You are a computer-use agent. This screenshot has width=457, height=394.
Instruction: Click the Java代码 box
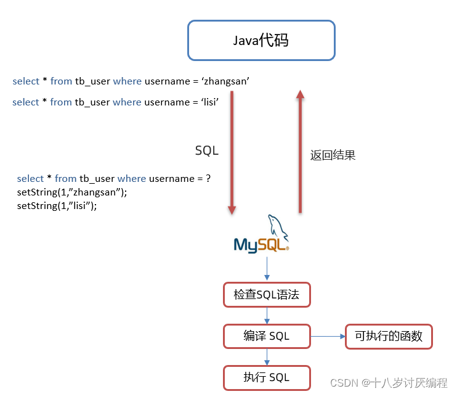[x=261, y=41]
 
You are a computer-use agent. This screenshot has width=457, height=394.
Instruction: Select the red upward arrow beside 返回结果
[x=301, y=152]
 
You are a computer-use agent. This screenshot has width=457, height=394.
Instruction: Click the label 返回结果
[x=333, y=155]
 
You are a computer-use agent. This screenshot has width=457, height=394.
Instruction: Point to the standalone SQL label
[x=206, y=150]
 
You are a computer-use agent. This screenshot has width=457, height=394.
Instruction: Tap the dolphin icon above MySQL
[x=277, y=224]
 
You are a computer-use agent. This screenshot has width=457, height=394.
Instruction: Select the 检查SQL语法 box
[x=267, y=295]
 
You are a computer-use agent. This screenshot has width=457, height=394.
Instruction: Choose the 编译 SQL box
[x=267, y=336]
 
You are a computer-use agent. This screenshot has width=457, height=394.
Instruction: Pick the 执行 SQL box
[x=267, y=377]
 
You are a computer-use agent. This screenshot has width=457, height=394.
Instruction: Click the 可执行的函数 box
[x=389, y=337]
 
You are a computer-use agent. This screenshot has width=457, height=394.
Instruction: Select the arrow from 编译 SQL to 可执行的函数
[x=328, y=336]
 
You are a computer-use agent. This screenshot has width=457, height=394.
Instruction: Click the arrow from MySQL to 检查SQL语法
[x=267, y=268]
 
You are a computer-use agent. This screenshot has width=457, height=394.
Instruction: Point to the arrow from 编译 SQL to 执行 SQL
[x=267, y=356]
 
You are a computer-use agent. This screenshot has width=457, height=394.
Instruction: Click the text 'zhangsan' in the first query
[x=225, y=81]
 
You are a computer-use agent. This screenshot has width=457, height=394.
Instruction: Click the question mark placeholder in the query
[x=208, y=179]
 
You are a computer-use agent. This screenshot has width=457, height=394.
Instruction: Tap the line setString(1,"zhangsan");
[x=72, y=192]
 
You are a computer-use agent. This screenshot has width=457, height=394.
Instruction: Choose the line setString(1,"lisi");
[x=57, y=206]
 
